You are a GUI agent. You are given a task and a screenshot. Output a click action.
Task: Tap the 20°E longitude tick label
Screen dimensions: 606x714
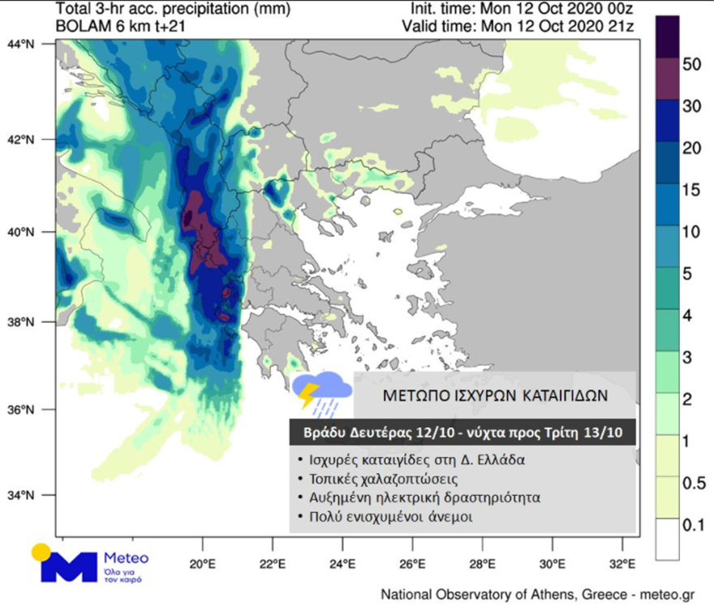point(202,564)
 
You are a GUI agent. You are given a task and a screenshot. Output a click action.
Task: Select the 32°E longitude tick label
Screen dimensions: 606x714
point(622,564)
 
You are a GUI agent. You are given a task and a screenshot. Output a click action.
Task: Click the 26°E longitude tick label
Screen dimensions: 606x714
point(412,564)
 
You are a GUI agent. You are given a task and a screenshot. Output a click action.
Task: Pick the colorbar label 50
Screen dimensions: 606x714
point(692,66)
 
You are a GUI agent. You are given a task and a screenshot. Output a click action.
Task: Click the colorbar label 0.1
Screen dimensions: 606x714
point(692,526)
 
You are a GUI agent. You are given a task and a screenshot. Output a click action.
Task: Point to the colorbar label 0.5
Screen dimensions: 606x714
point(692,484)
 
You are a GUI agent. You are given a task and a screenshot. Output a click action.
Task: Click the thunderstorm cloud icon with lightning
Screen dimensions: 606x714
point(321,392)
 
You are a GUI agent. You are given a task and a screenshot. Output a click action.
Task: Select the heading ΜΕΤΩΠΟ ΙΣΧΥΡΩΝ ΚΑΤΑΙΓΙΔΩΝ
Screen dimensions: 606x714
point(495,395)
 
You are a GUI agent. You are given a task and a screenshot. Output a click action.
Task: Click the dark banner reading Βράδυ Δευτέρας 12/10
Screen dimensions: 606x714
point(462,432)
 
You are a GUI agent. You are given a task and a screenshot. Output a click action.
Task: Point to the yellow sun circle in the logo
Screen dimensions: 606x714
point(41,552)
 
